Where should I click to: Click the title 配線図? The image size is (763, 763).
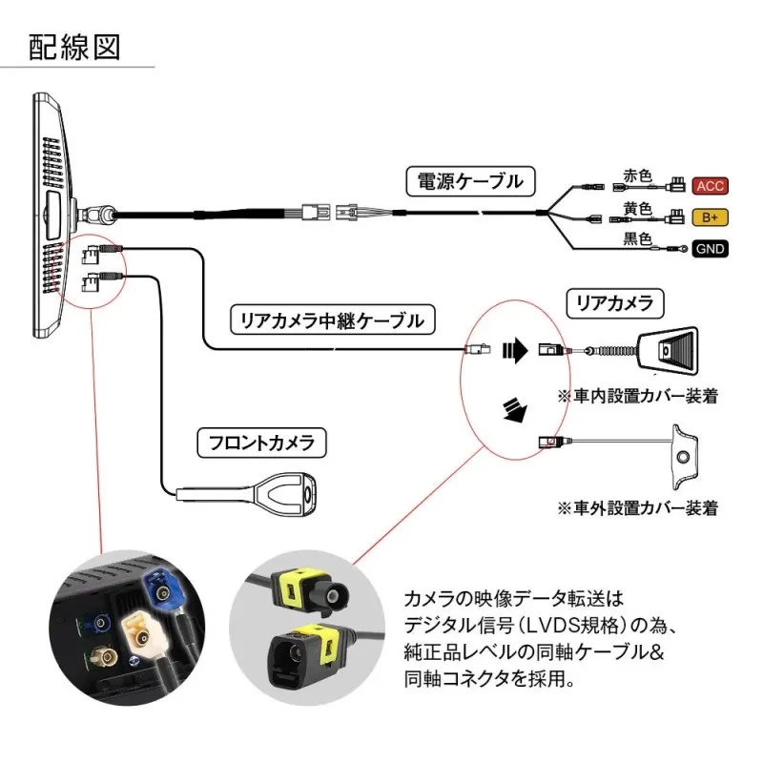tap(74, 47)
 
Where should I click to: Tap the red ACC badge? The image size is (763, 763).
tap(710, 185)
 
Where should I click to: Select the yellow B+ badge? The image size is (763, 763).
tap(710, 217)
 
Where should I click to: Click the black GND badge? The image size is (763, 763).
tap(710, 250)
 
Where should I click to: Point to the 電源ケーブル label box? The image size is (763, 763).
tap(470, 180)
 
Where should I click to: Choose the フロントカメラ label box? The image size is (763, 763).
tap(260, 443)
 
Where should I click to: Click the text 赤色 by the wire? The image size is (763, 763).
tap(636, 175)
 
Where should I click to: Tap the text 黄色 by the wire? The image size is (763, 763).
tap(636, 208)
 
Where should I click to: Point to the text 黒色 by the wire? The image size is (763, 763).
tap(636, 239)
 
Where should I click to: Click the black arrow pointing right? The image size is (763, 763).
tap(515, 350)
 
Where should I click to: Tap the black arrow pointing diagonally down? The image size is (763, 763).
tap(516, 409)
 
